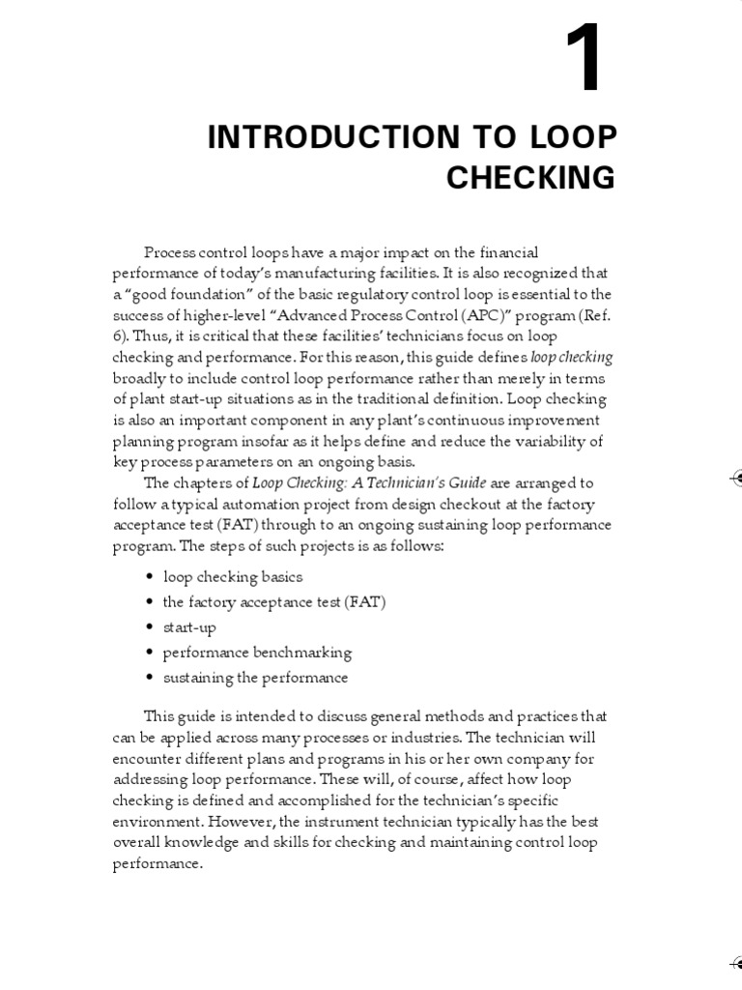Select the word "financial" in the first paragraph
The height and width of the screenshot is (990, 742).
(x=506, y=252)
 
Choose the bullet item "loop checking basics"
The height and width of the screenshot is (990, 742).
(x=233, y=577)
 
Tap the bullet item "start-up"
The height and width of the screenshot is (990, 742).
(x=189, y=627)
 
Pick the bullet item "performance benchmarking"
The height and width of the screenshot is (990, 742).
(x=257, y=653)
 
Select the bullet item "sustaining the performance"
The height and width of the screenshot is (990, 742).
(x=255, y=678)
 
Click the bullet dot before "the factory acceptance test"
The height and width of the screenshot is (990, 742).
(x=149, y=602)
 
